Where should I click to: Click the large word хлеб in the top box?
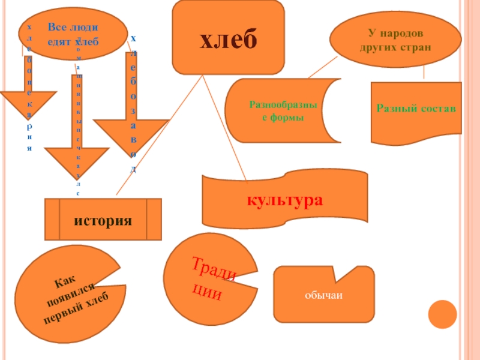tap(228, 38)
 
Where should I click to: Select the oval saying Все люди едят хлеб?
tap(73, 34)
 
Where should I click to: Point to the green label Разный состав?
tap(416, 109)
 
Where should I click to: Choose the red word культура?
tap(286, 200)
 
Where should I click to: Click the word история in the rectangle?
tap(103, 220)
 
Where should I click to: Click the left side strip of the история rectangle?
tap(52, 220)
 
